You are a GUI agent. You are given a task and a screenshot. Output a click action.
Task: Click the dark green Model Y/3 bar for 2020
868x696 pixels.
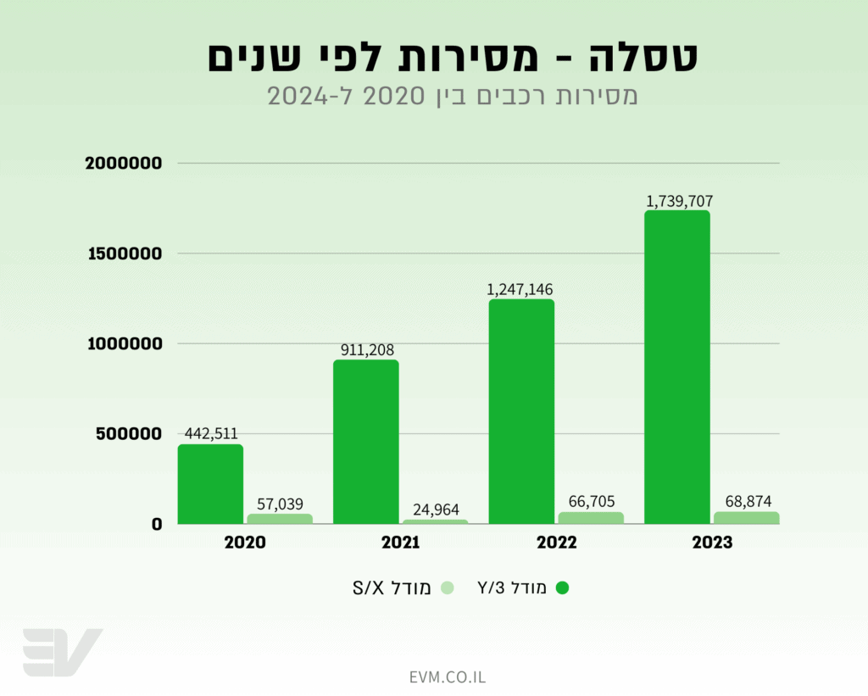tap(210, 484)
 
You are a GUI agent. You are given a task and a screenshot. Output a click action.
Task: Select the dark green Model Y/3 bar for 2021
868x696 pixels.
tap(365, 442)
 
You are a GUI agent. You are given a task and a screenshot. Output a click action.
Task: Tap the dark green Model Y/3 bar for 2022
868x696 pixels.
tap(521, 411)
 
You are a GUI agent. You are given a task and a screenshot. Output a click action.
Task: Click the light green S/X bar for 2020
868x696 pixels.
tap(280, 518)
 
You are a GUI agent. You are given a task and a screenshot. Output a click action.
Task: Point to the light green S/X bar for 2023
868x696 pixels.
tap(746, 517)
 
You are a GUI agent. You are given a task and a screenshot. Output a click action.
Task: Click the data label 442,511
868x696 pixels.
tap(209, 433)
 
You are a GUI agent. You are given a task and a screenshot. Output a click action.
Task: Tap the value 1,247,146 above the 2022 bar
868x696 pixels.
tap(520, 289)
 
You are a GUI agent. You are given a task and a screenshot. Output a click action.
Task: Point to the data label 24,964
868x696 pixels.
tap(436, 509)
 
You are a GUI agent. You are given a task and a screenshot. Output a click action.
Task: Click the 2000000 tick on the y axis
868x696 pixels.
tap(124, 163)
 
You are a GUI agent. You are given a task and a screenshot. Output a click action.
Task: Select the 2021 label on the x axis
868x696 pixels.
tap(399, 543)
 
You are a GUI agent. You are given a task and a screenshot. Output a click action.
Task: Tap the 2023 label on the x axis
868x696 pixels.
tap(711, 543)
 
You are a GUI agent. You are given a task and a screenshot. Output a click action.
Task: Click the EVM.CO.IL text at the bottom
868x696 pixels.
tap(447, 677)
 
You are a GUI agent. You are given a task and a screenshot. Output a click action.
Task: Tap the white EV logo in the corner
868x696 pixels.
tap(61, 652)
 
